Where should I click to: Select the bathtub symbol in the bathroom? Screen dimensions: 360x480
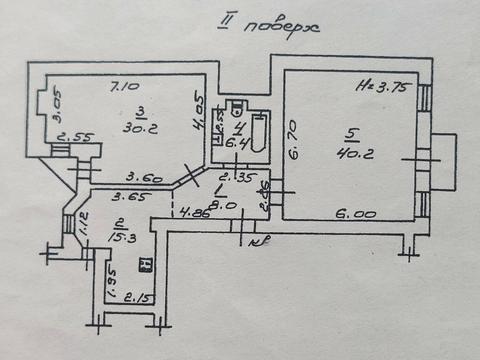258,136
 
